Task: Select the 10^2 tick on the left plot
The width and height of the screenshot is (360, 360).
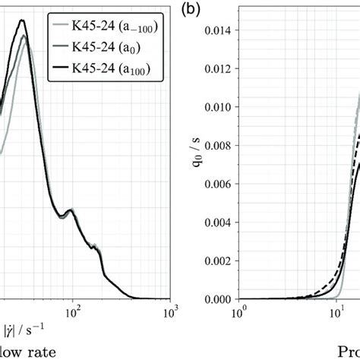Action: pyautogui.click(x=73, y=311)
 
